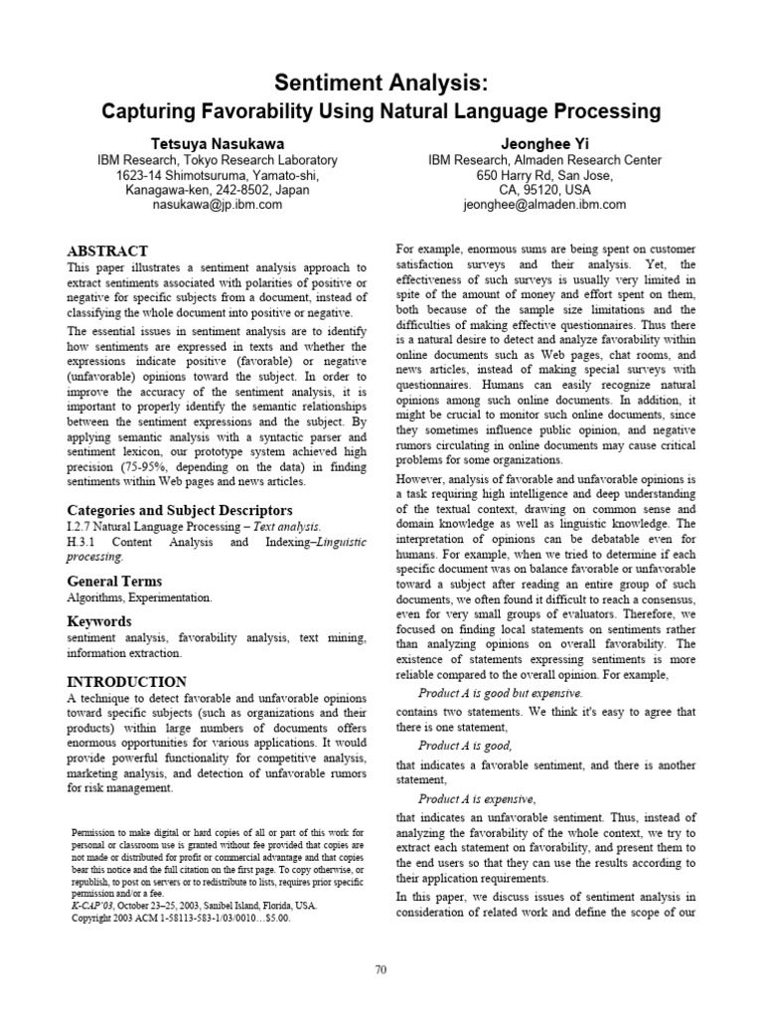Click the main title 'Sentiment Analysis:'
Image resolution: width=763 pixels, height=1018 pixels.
point(381,83)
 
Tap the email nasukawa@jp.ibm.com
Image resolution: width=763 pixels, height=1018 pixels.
point(217,205)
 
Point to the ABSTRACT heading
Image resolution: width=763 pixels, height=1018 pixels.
point(107,251)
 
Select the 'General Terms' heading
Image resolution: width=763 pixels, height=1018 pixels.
point(113,581)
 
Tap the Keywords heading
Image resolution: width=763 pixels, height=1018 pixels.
point(98,621)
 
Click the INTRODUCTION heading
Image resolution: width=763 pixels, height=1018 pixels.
point(126,682)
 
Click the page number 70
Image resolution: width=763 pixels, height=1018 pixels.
point(381,942)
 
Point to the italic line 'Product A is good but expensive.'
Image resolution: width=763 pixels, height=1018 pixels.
point(500,693)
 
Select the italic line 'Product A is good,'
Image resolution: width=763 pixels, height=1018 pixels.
point(465,746)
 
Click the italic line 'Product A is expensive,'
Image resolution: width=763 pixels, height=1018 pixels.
point(477,798)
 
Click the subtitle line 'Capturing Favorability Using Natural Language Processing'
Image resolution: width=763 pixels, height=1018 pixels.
point(381,111)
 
